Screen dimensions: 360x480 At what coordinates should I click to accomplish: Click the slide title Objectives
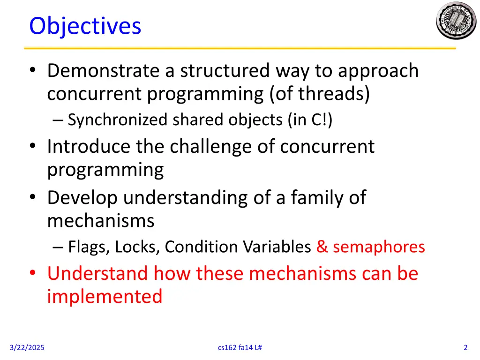coord(85,26)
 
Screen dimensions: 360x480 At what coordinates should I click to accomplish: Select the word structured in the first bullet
coord(225,71)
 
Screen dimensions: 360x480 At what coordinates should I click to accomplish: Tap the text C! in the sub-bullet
coord(320,120)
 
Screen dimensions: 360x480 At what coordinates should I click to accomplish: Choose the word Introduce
coord(89,147)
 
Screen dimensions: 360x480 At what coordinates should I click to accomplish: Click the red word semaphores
coord(379,247)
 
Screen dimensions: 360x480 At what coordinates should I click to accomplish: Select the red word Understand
coord(97,273)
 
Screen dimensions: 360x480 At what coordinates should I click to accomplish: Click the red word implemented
coord(105,297)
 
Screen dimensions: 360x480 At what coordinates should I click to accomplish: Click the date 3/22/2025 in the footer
coord(27,347)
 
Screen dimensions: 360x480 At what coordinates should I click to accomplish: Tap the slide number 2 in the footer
coord(465,347)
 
